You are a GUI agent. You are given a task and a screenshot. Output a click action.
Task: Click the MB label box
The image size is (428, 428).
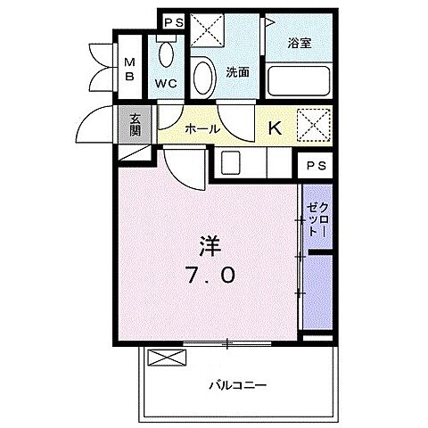coord(128,69)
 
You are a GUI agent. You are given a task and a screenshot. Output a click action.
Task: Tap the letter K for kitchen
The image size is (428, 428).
coord(275,128)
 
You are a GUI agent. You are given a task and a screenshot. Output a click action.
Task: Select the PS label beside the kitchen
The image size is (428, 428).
coord(314,166)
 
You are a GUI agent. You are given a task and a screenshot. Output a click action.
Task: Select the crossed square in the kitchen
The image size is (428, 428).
coord(312,123)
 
